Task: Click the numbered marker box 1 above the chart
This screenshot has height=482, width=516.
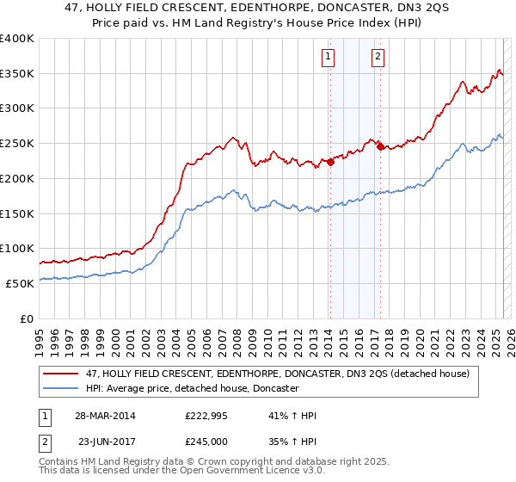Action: click(x=329, y=58)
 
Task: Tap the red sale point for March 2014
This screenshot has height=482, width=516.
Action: click(x=330, y=162)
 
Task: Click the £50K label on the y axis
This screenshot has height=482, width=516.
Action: click(x=20, y=283)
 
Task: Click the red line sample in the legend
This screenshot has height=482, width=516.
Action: click(x=61, y=374)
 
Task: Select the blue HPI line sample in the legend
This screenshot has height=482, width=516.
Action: click(x=61, y=389)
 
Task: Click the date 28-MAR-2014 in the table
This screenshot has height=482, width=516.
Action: click(x=104, y=416)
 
